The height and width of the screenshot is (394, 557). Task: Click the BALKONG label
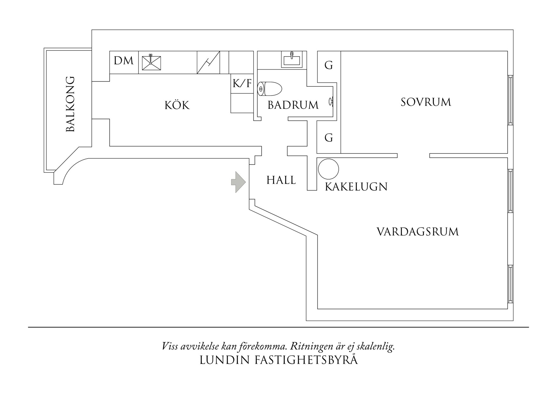[70, 104]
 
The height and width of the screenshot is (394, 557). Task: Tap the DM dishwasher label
[124, 61]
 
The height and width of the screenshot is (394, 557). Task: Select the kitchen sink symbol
[151, 63]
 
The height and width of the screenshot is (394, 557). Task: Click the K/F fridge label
[242, 84]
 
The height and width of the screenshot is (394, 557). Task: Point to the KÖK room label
[177, 105]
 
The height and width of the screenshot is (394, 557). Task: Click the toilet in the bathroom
[270, 89]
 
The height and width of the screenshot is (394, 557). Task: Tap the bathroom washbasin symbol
[292, 60]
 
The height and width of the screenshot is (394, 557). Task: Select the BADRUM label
[293, 105]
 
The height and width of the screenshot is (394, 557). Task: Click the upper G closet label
[329, 65]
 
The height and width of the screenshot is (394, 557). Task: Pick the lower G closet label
[329, 138]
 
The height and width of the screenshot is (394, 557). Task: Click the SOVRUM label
[426, 102]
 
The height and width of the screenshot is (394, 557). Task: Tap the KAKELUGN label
[356, 187]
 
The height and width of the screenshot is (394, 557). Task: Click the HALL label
[281, 180]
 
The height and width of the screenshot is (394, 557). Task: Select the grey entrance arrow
[238, 182]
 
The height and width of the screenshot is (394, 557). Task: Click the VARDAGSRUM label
[418, 232]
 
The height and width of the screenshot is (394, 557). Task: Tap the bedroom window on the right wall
[510, 99]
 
